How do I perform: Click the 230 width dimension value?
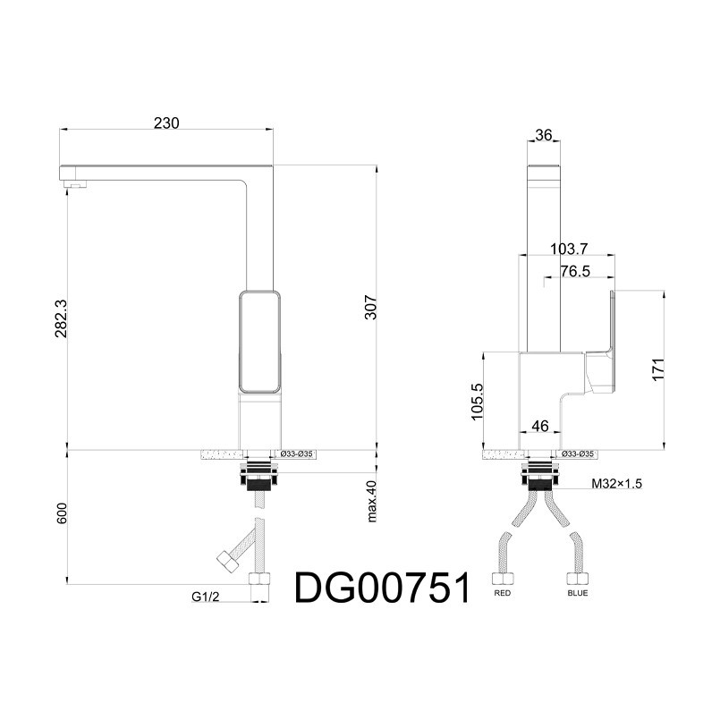pos(166,123)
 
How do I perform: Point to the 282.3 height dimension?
pos(61,318)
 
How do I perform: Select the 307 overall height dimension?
pos(370,308)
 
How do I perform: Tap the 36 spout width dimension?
pos(544,135)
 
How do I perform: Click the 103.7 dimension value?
pos(569,249)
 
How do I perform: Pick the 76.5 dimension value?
pos(575,271)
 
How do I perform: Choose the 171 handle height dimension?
pos(658,369)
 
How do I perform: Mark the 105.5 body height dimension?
pos(478,402)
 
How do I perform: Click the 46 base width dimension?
pos(540,426)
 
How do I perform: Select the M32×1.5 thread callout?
pos(616,484)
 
